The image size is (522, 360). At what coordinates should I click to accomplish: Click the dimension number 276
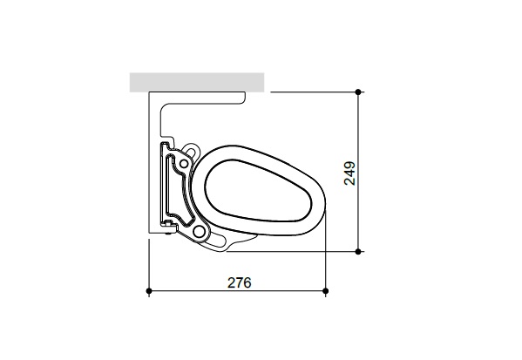click(240, 282)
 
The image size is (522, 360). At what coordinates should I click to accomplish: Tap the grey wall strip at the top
click(197, 82)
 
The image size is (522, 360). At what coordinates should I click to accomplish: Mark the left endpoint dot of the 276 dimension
click(150, 290)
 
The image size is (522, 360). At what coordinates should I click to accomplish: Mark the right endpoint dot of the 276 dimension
click(325, 290)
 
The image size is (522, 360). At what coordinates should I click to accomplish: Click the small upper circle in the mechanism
click(184, 162)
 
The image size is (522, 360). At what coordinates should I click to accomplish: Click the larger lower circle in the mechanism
click(200, 232)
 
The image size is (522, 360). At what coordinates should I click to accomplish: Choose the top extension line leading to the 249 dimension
click(314, 91)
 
